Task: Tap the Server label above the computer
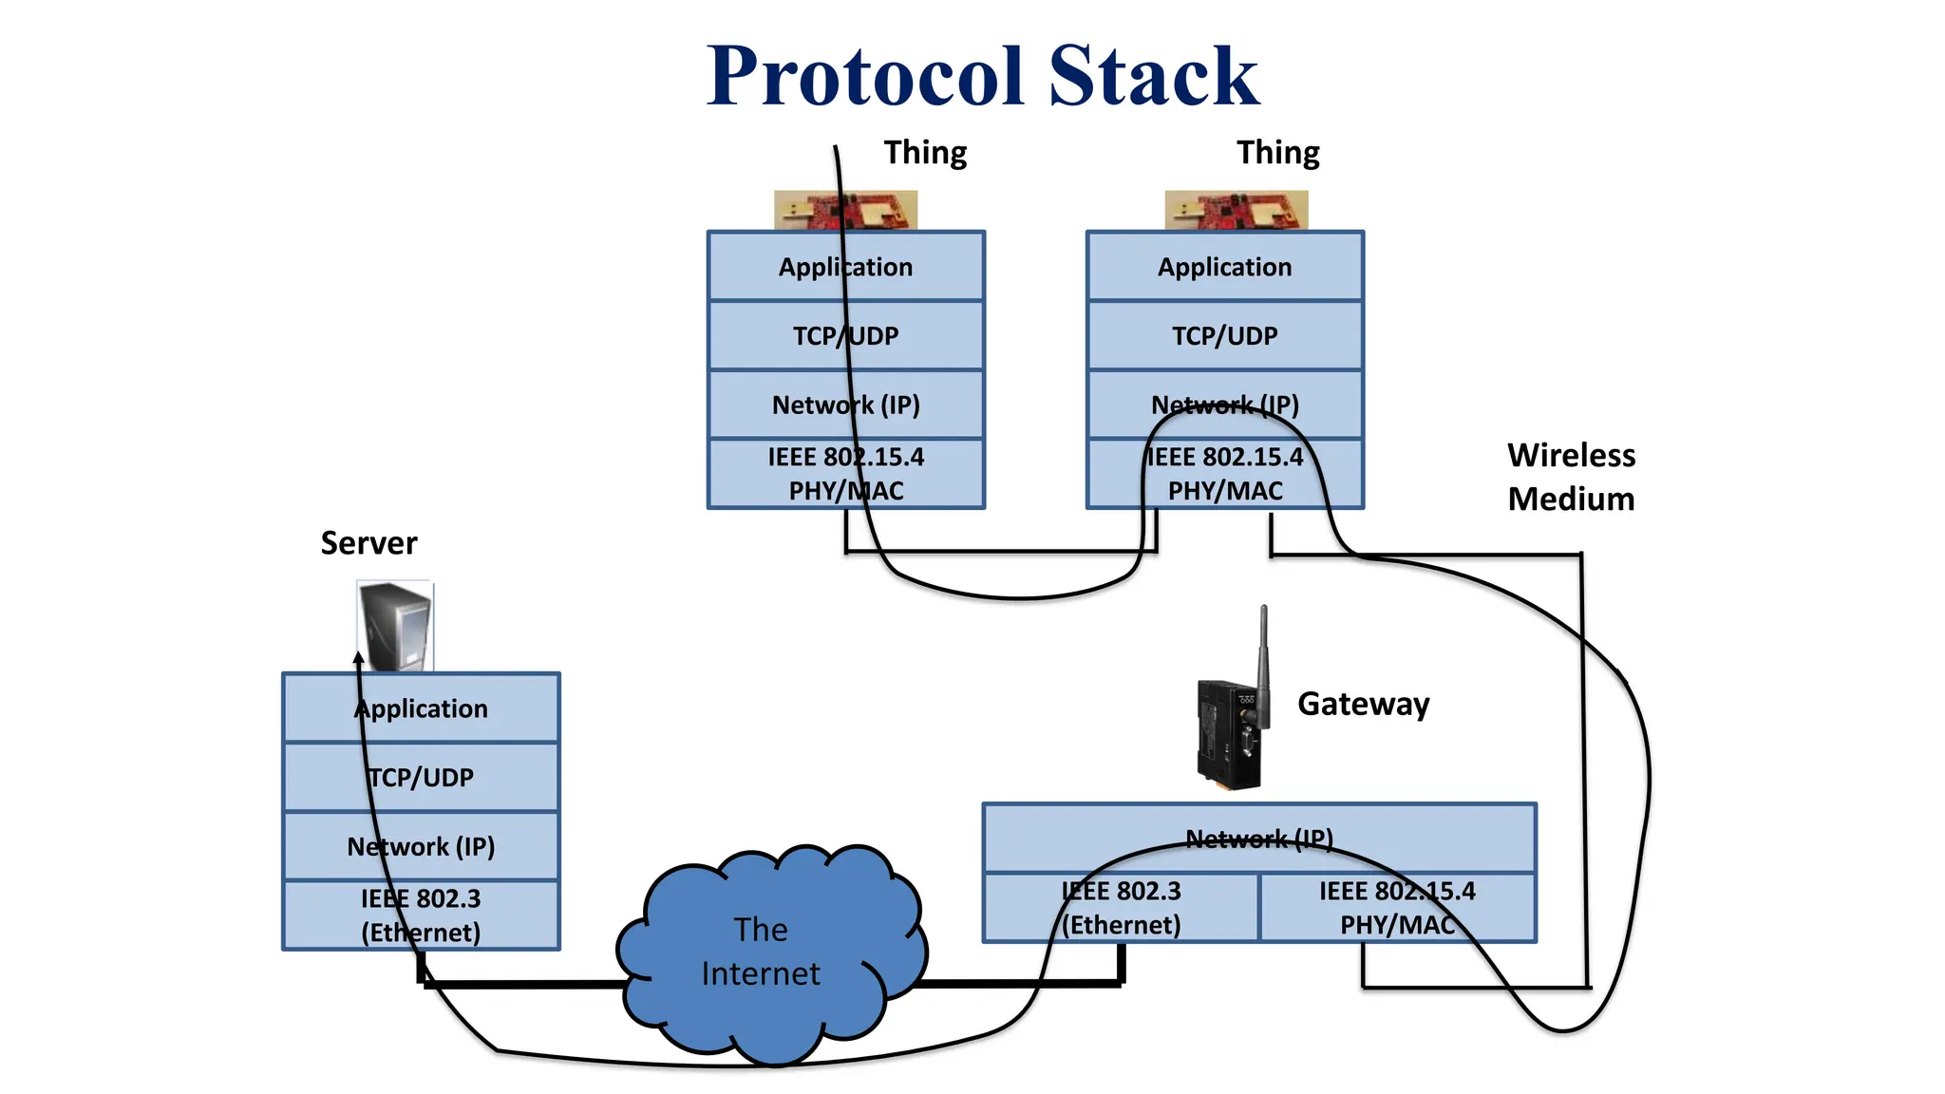[x=368, y=543]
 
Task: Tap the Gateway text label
[x=1363, y=704]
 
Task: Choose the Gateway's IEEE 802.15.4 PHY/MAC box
[x=1397, y=908]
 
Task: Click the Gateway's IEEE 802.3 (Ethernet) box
[x=1121, y=908]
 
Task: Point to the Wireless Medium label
[x=1571, y=477]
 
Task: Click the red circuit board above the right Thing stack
[x=1236, y=210]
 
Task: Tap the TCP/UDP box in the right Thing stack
[x=1224, y=335]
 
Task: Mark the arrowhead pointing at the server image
[x=359, y=656]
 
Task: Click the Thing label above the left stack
[x=925, y=153]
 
